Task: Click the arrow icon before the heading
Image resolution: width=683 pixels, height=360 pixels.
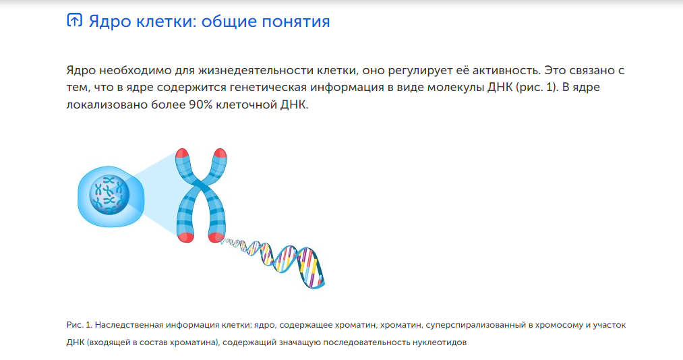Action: (74, 20)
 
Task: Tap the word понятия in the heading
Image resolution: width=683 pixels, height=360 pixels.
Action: (296, 22)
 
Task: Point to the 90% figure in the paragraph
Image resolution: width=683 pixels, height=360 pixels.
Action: (200, 105)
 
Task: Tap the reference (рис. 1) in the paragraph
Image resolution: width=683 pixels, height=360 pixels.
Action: (537, 88)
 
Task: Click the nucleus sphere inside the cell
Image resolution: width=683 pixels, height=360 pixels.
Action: (109, 194)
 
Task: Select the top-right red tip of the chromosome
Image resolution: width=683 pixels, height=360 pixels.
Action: (220, 153)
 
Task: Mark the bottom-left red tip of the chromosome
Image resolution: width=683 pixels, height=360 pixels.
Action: (185, 237)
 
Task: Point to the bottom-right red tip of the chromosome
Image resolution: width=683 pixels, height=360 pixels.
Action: (216, 237)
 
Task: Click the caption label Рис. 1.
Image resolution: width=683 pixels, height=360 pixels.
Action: (80, 325)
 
